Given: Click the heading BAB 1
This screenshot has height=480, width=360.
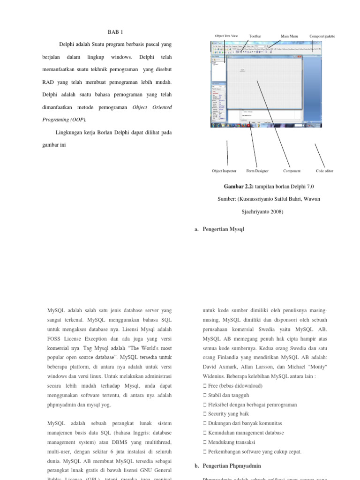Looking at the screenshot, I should pos(115,32).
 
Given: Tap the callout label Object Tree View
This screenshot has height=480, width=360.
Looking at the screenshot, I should pos(226,36).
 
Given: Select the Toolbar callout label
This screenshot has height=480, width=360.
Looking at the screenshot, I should pos(255,36).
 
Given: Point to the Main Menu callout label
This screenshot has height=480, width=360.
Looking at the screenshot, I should pos(289,36).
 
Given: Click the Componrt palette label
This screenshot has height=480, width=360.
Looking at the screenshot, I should pos(322,36).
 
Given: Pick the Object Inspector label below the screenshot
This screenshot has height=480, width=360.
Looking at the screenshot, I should pos(224,171).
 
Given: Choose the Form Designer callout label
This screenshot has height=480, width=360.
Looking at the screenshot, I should pos(257,171).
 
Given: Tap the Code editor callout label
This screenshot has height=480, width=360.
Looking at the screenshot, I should pos(324,171).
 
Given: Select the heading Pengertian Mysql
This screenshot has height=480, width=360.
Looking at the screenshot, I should pos(223,229).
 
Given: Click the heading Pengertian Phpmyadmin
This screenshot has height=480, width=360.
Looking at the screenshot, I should pos(232,465).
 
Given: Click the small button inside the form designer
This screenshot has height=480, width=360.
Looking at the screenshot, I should pos(242,70).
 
